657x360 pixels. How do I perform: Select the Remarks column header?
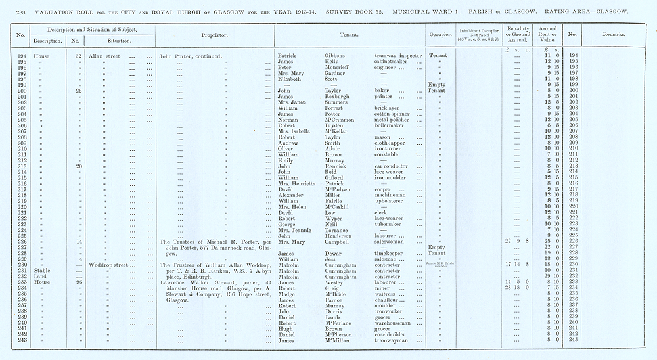pyautogui.click(x=615, y=35)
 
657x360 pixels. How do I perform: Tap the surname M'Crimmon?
pyautogui.click(x=341, y=120)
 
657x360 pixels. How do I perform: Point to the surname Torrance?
pyautogui.click(x=339, y=230)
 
